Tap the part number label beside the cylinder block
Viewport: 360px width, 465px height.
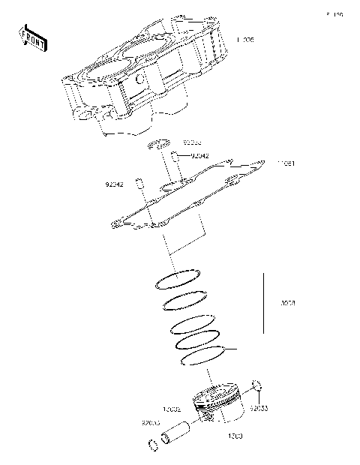coord(245,40)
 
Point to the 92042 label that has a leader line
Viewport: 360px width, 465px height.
coord(199,156)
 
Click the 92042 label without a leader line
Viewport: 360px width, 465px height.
coord(115,183)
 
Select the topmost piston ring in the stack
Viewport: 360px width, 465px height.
coord(177,278)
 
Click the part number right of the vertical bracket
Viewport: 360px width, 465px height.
coord(287,304)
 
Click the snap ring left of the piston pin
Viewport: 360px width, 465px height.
coord(152,445)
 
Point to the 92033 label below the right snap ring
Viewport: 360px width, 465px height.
coord(259,409)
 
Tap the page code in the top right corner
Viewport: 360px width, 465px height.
coord(334,14)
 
